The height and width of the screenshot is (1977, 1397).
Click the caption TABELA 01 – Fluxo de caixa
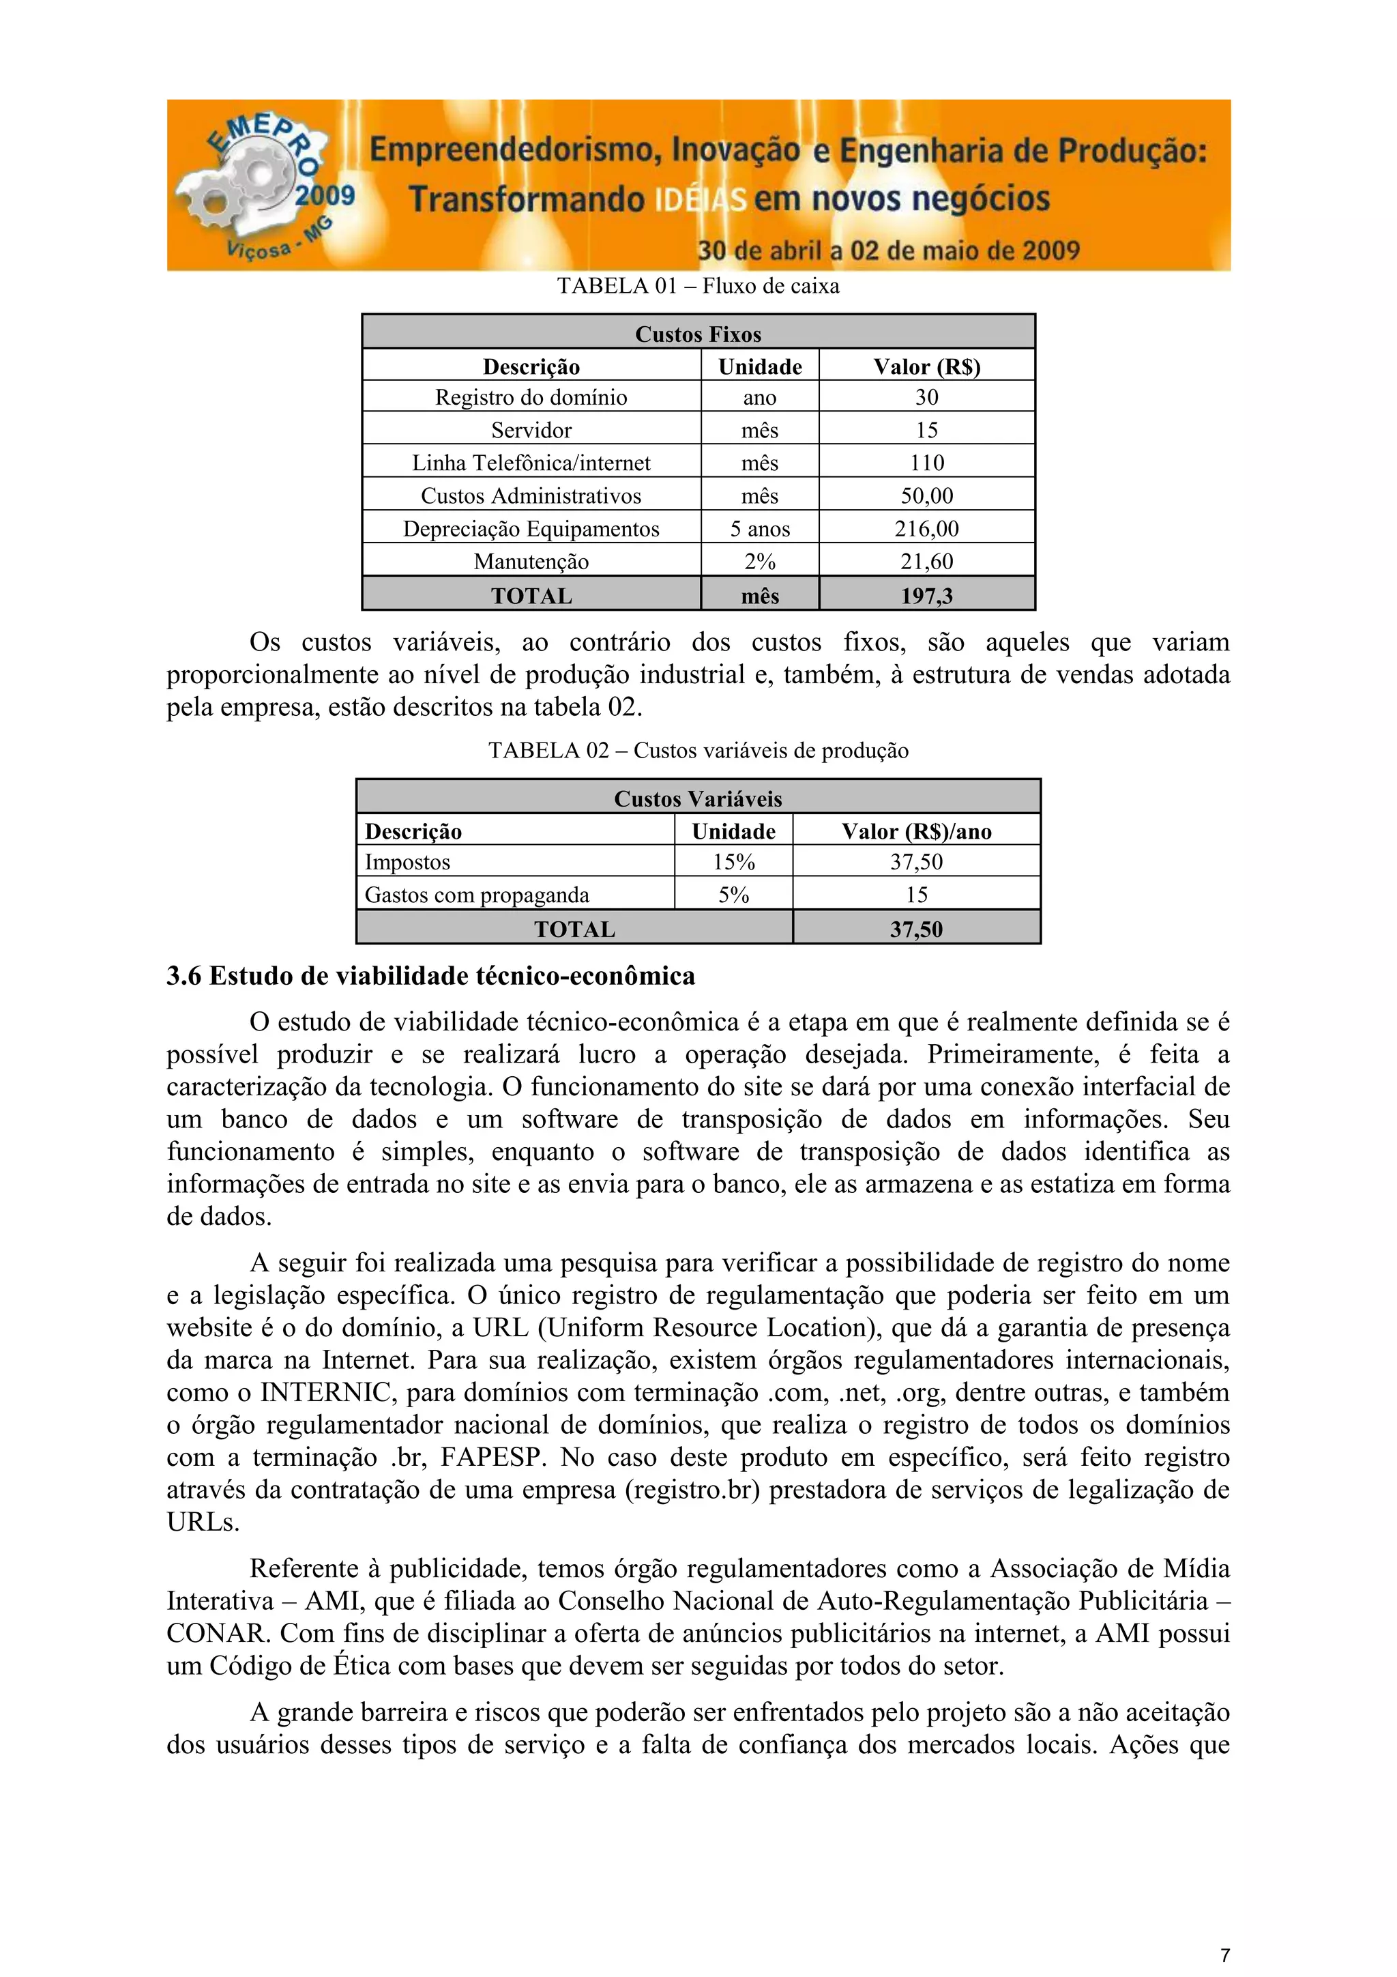(x=697, y=286)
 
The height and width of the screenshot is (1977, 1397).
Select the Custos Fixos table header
(x=697, y=334)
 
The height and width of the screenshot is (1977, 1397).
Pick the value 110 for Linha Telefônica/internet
(x=926, y=463)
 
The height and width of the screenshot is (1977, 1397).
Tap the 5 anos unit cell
(x=759, y=529)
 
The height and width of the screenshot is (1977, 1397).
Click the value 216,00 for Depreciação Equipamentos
(x=926, y=529)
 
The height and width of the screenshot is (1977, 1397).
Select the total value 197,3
(x=926, y=596)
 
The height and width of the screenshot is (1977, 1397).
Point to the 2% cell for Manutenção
(x=759, y=562)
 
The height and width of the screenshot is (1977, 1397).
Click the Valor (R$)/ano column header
(x=916, y=831)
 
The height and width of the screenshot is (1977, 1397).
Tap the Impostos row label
(x=407, y=862)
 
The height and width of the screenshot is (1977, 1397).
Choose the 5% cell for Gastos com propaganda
(x=733, y=895)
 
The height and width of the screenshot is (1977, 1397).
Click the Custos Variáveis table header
(x=697, y=798)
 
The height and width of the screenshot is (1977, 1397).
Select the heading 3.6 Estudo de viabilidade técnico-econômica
(x=430, y=976)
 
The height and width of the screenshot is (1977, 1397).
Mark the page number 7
(x=1224, y=1954)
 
